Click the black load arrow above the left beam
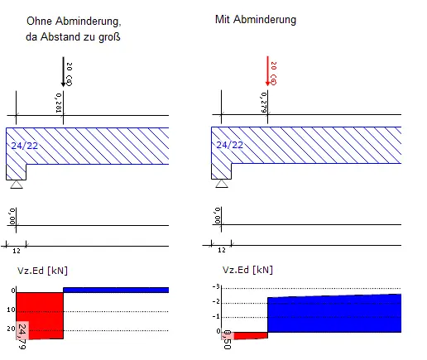63,72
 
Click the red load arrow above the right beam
267,71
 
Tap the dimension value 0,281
59,103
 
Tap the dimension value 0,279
263,103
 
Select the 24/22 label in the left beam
24,146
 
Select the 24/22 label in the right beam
229,145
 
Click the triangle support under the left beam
17,185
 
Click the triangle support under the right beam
222,184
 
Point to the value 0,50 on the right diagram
227,339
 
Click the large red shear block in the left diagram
40,315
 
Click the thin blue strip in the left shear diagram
116,290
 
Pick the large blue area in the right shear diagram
334,313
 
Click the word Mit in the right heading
223,19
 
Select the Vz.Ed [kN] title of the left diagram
42,271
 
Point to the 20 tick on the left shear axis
12,329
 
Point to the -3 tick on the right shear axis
216,286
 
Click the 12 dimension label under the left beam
17,251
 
